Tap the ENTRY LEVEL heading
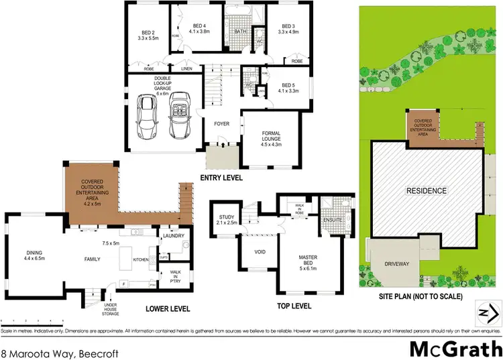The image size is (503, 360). (x=221, y=178)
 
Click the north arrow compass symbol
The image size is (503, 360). (x=488, y=312)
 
